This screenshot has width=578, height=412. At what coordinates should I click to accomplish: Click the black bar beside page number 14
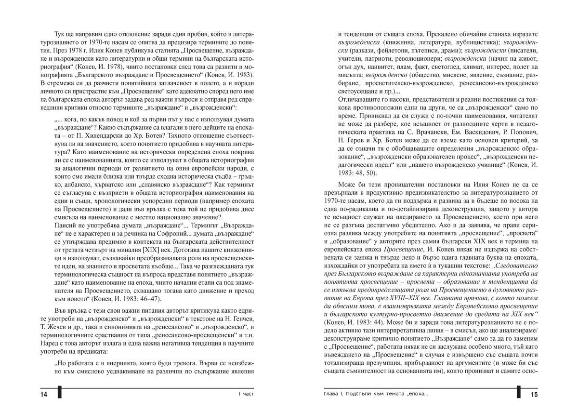tap(59, 392)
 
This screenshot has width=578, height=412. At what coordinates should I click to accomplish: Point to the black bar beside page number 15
tap(518, 392)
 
